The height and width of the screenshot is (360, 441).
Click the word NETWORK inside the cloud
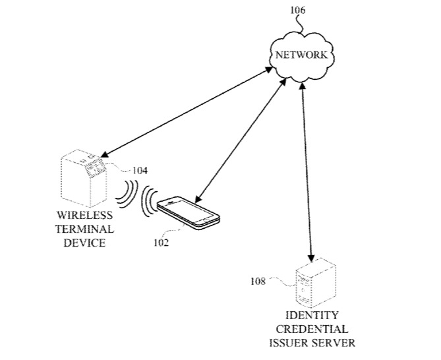[302, 55]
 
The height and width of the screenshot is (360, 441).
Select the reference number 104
[139, 171]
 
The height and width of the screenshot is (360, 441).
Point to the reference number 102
[161, 242]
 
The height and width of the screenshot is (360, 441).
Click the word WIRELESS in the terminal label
[84, 216]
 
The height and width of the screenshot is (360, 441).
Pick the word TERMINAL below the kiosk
[84, 229]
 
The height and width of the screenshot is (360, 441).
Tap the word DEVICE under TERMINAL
[84, 243]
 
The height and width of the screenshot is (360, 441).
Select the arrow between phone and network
[241, 142]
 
